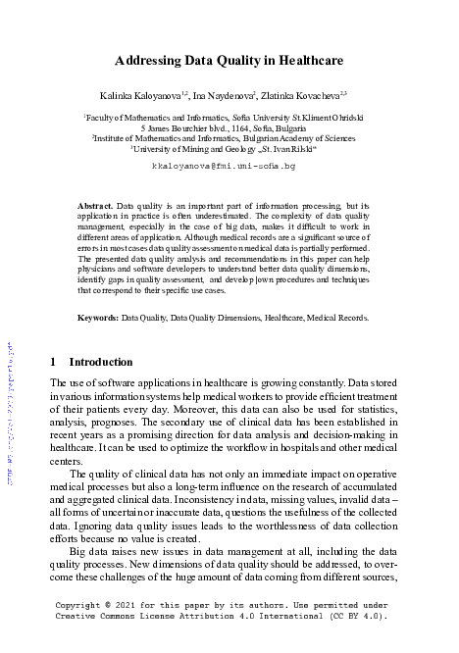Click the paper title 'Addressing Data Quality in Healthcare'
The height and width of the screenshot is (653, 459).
tap(229, 60)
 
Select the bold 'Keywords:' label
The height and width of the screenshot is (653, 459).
tap(98, 318)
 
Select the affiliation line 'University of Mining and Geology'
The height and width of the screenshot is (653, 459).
tap(188, 149)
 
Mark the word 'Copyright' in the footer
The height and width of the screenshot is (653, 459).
tap(81, 606)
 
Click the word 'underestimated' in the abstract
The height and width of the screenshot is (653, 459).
tap(253, 218)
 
